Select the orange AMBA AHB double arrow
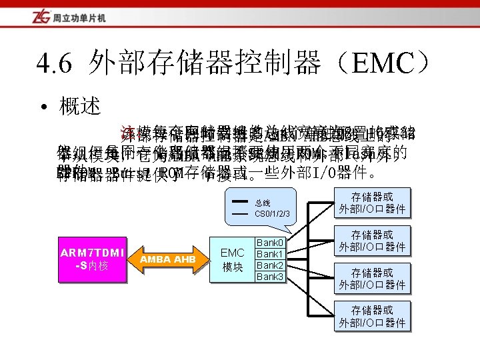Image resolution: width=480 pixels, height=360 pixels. click(x=167, y=259)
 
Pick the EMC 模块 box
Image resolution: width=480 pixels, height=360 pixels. click(x=232, y=259)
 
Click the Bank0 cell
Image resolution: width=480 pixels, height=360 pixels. click(x=270, y=243)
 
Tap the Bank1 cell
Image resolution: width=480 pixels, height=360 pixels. click(x=270, y=254)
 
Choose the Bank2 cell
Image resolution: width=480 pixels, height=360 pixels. click(x=270, y=265)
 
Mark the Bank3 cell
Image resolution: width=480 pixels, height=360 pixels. click(x=270, y=277)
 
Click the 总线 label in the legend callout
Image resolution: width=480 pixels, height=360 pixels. click(x=263, y=201)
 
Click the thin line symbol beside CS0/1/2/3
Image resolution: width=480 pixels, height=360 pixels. click(x=239, y=213)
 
